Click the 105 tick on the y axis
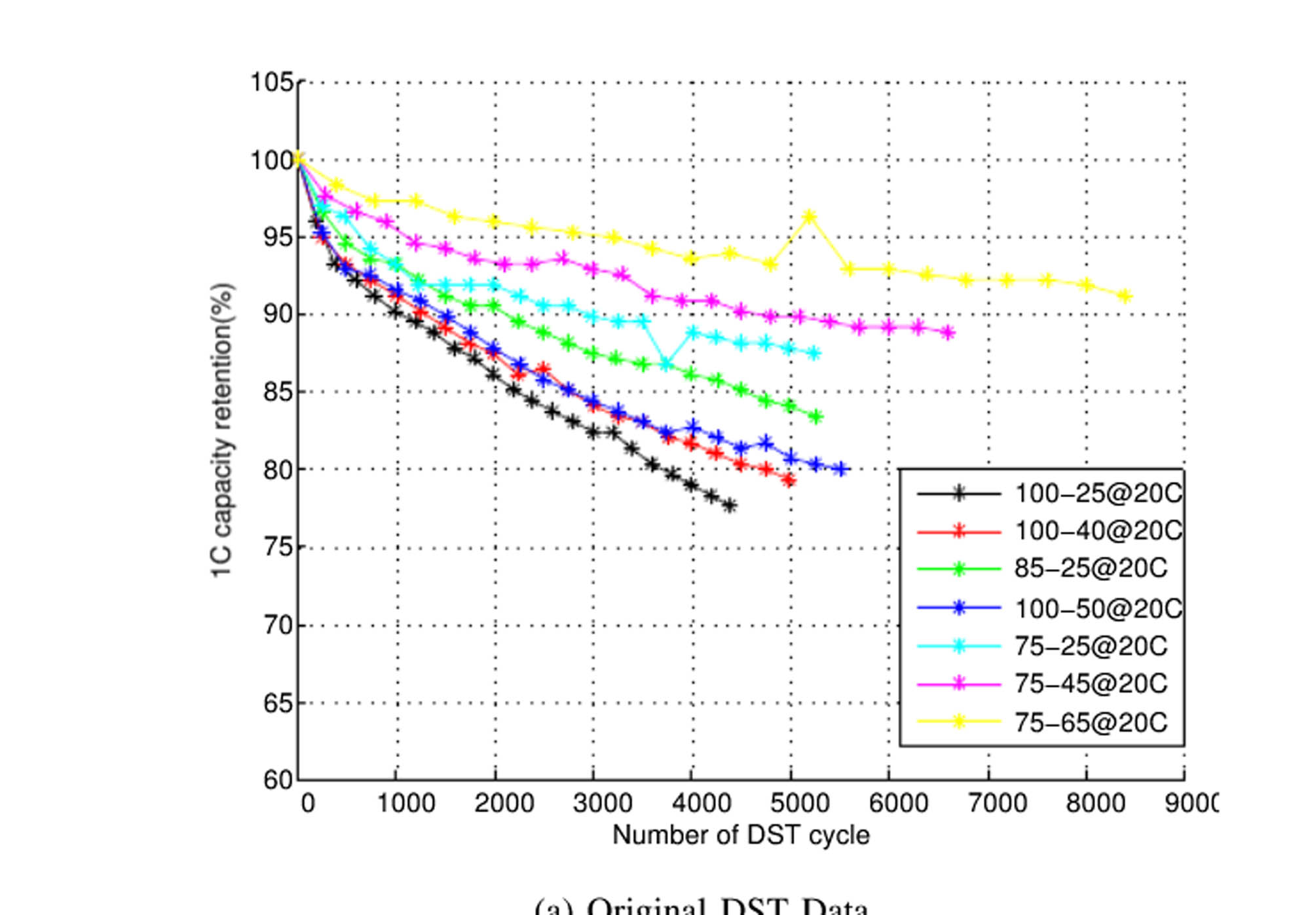coord(272,83)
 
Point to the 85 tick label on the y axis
coord(278,392)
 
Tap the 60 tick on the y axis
coord(278,780)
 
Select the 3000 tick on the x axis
coord(603,803)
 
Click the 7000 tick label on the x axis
coord(997,803)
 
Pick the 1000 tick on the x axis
coord(406,803)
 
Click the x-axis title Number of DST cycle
coord(741,835)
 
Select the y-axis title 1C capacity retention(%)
coord(222,430)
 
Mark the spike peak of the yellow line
coord(810,216)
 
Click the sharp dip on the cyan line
coord(667,364)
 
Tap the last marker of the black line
coord(730,505)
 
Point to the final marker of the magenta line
coord(948,333)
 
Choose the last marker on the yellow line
coord(1125,296)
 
